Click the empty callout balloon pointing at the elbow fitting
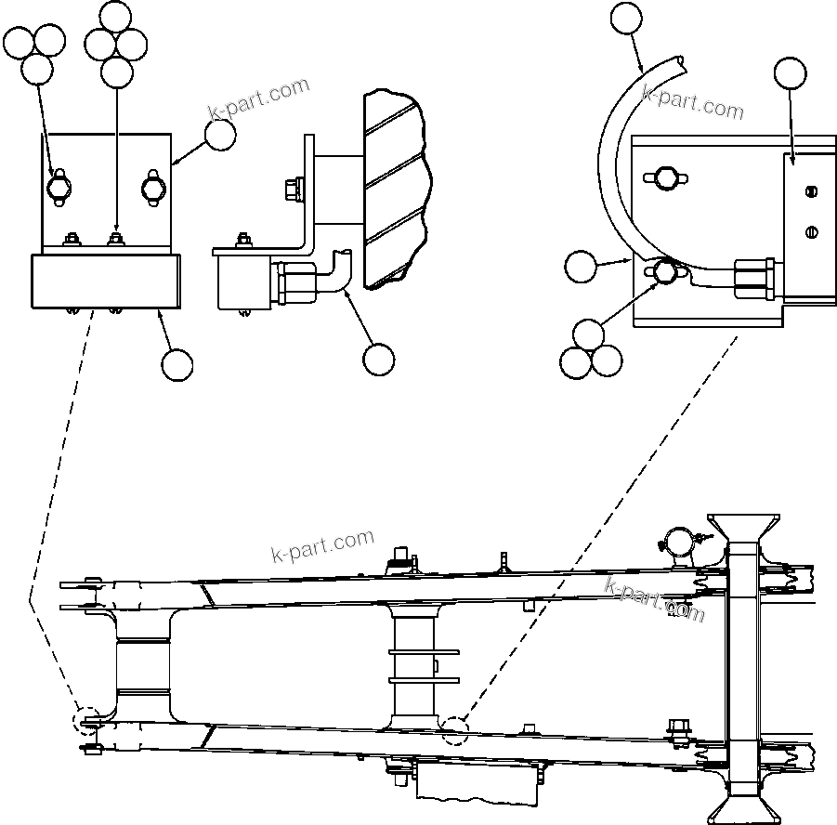coord(378,360)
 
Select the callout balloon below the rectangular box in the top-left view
coord(177,365)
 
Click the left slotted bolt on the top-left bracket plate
coord(59,187)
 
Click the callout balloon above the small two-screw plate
coord(791,72)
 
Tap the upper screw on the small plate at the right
coord(811,192)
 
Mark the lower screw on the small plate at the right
coord(811,231)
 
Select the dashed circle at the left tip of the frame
coord(88,721)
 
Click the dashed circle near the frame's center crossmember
coord(455,731)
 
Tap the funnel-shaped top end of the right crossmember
coord(743,528)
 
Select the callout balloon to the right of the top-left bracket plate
coord(220,135)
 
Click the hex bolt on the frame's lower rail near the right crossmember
coord(674,731)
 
